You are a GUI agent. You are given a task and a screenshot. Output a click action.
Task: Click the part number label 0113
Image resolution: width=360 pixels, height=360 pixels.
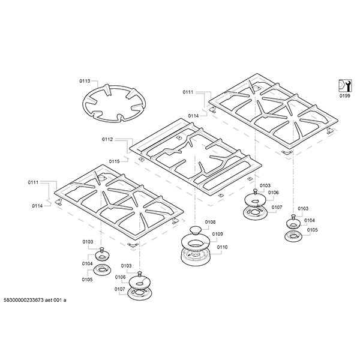point(84,80)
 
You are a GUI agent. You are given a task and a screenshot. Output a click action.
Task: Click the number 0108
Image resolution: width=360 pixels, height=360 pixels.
point(209,223)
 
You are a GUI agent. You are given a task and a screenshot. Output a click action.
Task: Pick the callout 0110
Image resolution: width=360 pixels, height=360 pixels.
point(222,247)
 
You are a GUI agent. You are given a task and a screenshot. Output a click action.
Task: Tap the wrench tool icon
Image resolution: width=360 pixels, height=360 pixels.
point(344,84)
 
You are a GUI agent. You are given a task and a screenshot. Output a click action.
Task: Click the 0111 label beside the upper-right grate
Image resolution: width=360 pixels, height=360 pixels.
point(188,92)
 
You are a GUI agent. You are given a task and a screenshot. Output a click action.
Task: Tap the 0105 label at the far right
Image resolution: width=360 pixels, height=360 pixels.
point(312,230)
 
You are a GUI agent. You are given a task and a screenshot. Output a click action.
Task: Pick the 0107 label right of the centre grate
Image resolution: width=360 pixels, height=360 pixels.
point(276,208)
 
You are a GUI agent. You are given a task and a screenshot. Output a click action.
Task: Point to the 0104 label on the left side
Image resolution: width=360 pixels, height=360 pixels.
point(88,263)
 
